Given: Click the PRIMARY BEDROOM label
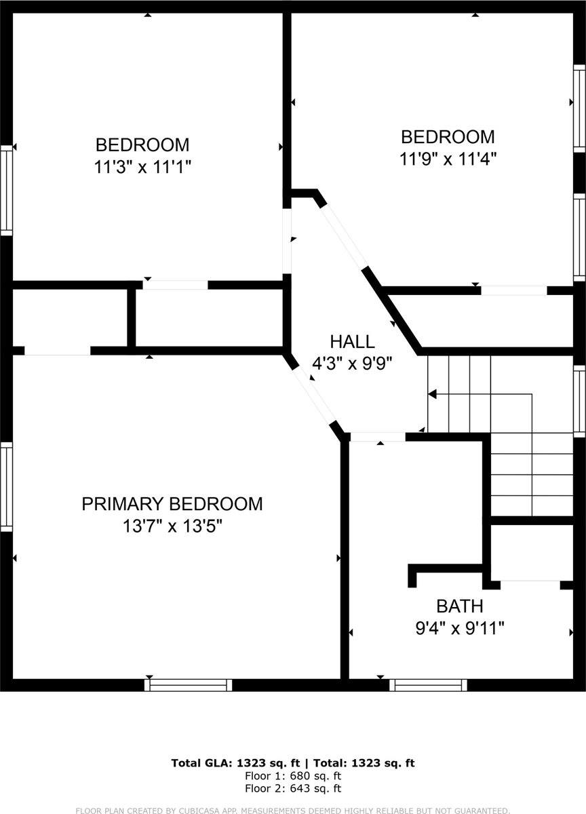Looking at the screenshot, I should [x=172, y=504].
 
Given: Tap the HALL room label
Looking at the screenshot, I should [x=352, y=342].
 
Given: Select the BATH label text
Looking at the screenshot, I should [x=459, y=606].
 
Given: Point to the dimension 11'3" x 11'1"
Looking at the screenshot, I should [x=143, y=167].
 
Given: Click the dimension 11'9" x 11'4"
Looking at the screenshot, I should [x=448, y=159].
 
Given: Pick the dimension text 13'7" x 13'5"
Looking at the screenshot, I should [x=172, y=526].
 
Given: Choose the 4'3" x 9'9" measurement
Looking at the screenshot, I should [x=352, y=364].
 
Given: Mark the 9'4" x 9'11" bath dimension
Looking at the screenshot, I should [x=459, y=628].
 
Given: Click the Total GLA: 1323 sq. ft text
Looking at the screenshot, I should [x=235, y=763].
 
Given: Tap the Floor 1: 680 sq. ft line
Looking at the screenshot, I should [x=293, y=776].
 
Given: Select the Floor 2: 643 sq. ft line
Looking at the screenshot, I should [x=293, y=788].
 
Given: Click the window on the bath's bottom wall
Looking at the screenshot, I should [x=429, y=685].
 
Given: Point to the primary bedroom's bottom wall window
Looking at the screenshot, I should [x=188, y=685].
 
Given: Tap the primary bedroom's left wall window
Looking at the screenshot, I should [x=6, y=486].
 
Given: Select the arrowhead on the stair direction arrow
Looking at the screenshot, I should [x=431, y=394].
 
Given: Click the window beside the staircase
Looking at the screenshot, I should [x=579, y=402].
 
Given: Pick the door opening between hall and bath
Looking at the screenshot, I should [x=377, y=438].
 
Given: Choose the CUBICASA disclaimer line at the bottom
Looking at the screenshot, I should [x=293, y=810].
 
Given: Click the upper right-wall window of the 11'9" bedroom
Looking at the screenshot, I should [x=579, y=109].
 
